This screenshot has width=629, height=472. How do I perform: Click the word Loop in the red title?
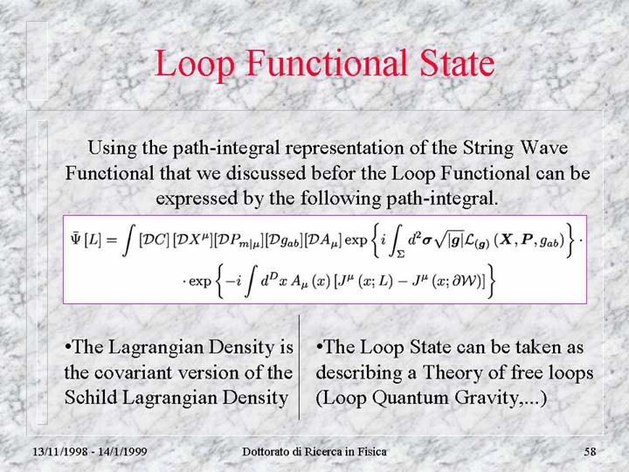pyautogui.click(x=194, y=64)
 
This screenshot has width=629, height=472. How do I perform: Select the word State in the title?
pyautogui.click(x=457, y=63)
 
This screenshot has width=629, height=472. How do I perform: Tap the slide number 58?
pyautogui.click(x=590, y=452)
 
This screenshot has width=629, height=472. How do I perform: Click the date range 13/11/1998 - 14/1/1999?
pyautogui.click(x=90, y=452)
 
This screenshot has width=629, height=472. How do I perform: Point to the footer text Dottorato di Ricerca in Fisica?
pyautogui.click(x=314, y=452)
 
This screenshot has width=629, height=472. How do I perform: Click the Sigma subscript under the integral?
pyautogui.click(x=401, y=253)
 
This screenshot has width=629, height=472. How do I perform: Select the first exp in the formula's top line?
pyautogui.click(x=356, y=241)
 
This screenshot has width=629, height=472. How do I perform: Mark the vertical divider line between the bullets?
pyautogui.click(x=299, y=367)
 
